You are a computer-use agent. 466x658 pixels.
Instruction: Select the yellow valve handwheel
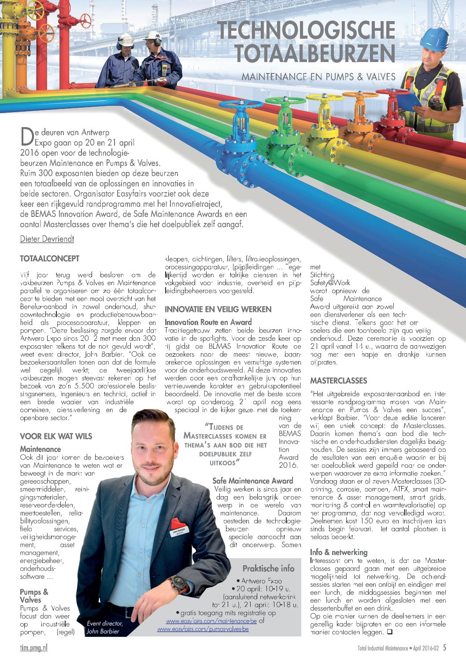324,97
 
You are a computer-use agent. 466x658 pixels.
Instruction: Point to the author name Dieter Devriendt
47,239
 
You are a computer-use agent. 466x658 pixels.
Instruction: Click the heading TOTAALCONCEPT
49,259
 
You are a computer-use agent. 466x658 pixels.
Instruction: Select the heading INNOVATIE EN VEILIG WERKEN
218,309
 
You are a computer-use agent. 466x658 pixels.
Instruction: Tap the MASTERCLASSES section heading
338,380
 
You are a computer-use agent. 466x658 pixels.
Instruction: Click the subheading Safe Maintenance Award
252,481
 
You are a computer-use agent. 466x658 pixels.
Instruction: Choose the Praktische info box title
268,568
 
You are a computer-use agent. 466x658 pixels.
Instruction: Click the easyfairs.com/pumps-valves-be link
203,629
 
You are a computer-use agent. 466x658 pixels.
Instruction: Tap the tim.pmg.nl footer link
33,647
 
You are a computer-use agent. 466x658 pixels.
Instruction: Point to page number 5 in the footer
444,647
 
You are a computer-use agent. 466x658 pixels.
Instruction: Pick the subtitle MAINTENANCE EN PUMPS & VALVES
318,77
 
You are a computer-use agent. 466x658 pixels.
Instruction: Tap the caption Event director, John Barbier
105,627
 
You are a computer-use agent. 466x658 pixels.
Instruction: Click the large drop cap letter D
26,136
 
